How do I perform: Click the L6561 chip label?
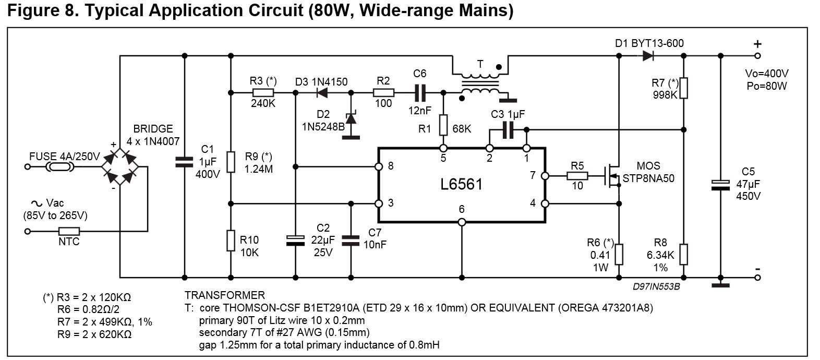[x=461, y=184]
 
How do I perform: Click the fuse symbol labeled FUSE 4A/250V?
[x=59, y=167]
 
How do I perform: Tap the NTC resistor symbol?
[x=68, y=231]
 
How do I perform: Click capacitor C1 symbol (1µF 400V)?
[x=185, y=162]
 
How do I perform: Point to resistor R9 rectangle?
[x=231, y=162]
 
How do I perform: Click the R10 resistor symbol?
[x=231, y=241]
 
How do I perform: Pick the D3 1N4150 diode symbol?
[x=322, y=93]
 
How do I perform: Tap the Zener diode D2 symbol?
[x=351, y=118]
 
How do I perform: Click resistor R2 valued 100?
[x=383, y=93]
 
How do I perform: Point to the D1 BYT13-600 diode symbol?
[x=648, y=55]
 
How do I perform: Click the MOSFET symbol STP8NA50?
[x=612, y=176]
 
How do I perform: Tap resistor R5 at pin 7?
[x=577, y=176]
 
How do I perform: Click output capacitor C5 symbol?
[x=720, y=184]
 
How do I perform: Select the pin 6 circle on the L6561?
[x=462, y=222]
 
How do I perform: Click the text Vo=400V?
[x=766, y=73]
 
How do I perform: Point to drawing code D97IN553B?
[x=656, y=286]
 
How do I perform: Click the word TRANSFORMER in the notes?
[x=224, y=295]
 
